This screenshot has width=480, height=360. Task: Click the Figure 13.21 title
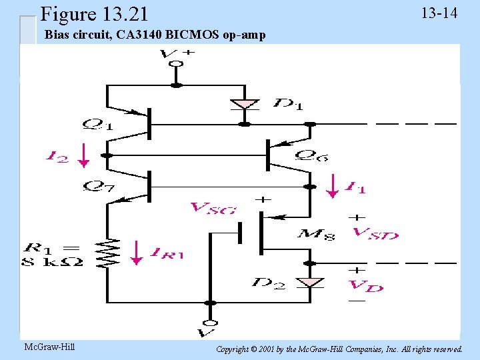pyautogui.click(x=94, y=13)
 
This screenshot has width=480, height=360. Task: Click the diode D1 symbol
pyautogui.click(x=245, y=105)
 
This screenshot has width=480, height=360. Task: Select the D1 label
pyautogui.click(x=288, y=104)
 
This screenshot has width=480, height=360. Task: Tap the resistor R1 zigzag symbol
pyautogui.click(x=106, y=253)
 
